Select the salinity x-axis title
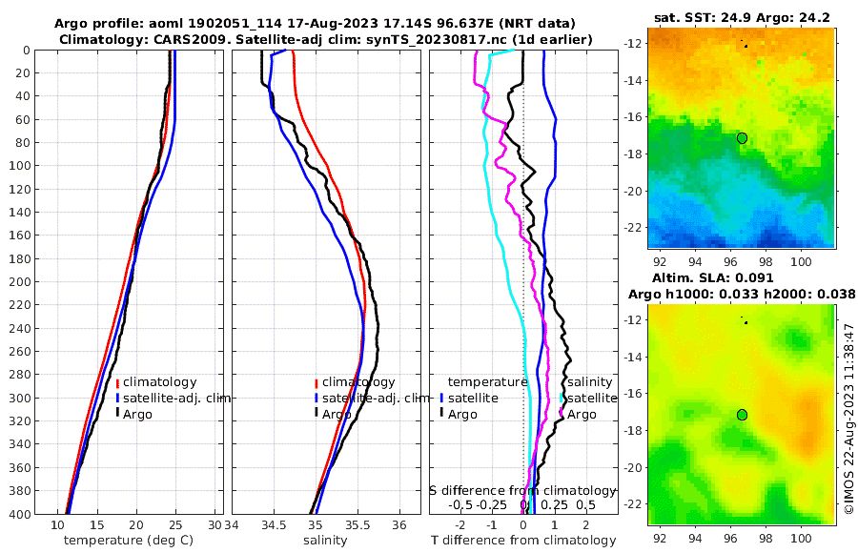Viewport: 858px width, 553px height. (x=324, y=541)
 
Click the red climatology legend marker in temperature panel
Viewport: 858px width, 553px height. (x=117, y=383)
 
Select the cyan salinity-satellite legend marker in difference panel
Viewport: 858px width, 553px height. (x=562, y=399)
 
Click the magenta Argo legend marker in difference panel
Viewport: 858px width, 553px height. (x=562, y=414)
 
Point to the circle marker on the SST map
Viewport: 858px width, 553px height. (x=742, y=138)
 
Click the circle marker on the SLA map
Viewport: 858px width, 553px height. (x=742, y=415)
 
